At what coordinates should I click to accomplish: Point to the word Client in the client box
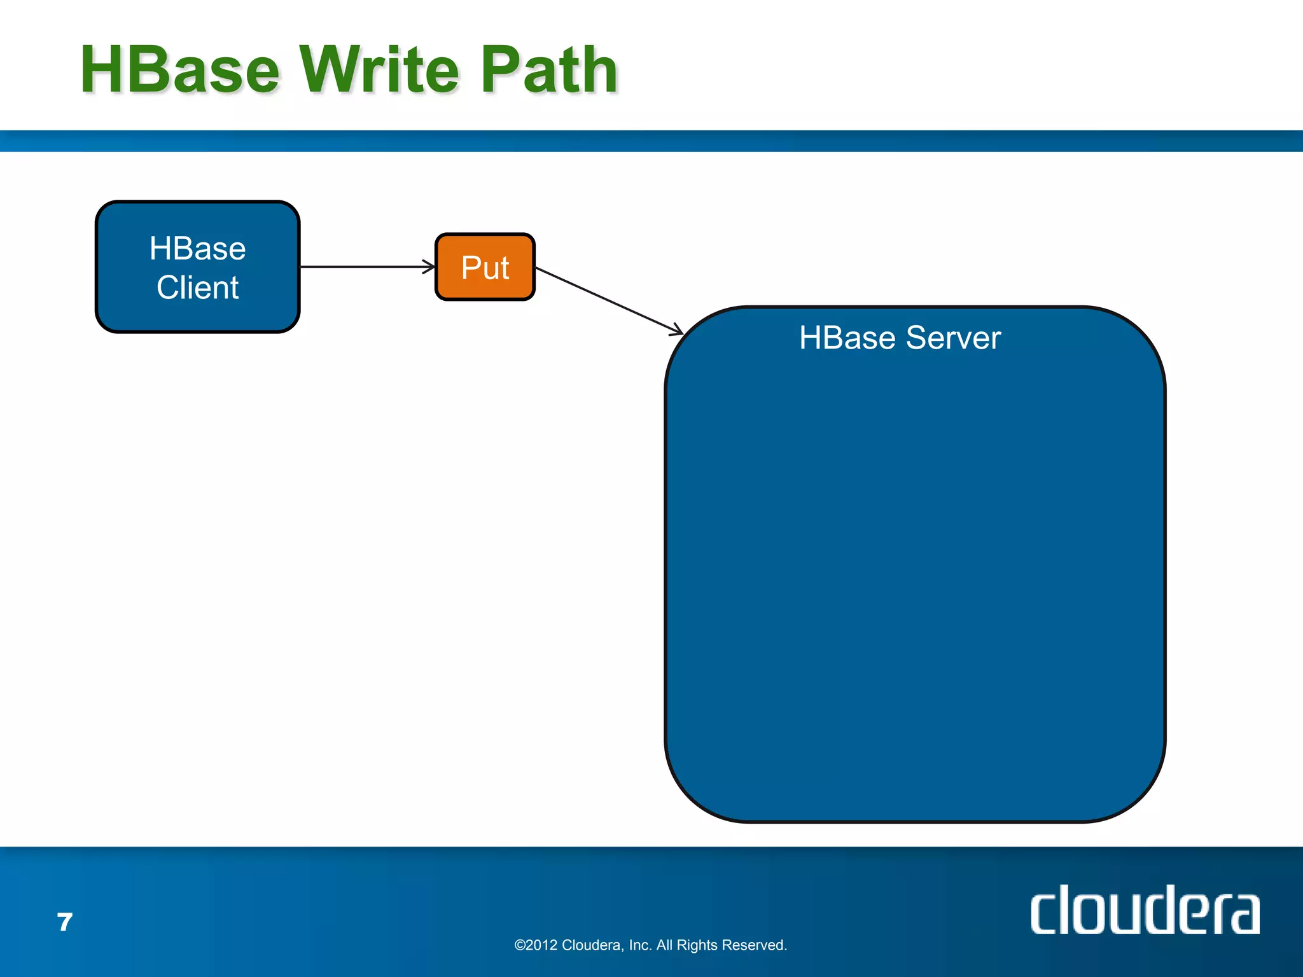pyautogui.click(x=197, y=288)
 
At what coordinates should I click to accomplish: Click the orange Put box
pyautogui.click(x=485, y=267)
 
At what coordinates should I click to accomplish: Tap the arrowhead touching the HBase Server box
pyautogui.click(x=677, y=330)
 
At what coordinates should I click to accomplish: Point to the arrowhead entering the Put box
pyautogui.click(x=429, y=267)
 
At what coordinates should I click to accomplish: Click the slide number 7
pyautogui.click(x=65, y=922)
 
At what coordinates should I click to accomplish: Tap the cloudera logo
pyautogui.click(x=1145, y=911)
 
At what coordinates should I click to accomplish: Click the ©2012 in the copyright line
pyautogui.click(x=536, y=945)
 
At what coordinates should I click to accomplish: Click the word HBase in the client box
pyautogui.click(x=197, y=249)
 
